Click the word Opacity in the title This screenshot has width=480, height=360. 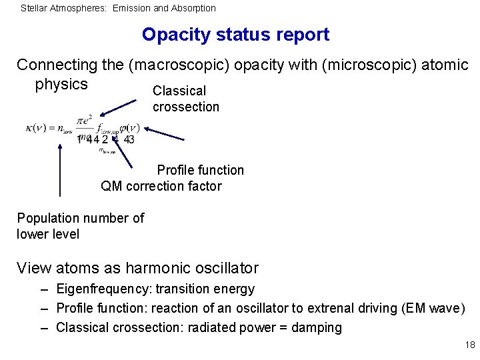pos(173,35)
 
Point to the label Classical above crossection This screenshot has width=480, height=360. pos(179,91)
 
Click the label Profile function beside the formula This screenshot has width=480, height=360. pos(200,170)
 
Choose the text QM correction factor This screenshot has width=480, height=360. pos(161,186)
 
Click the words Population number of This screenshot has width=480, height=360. pos(80,218)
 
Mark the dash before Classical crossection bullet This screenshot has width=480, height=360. pos(43,327)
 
